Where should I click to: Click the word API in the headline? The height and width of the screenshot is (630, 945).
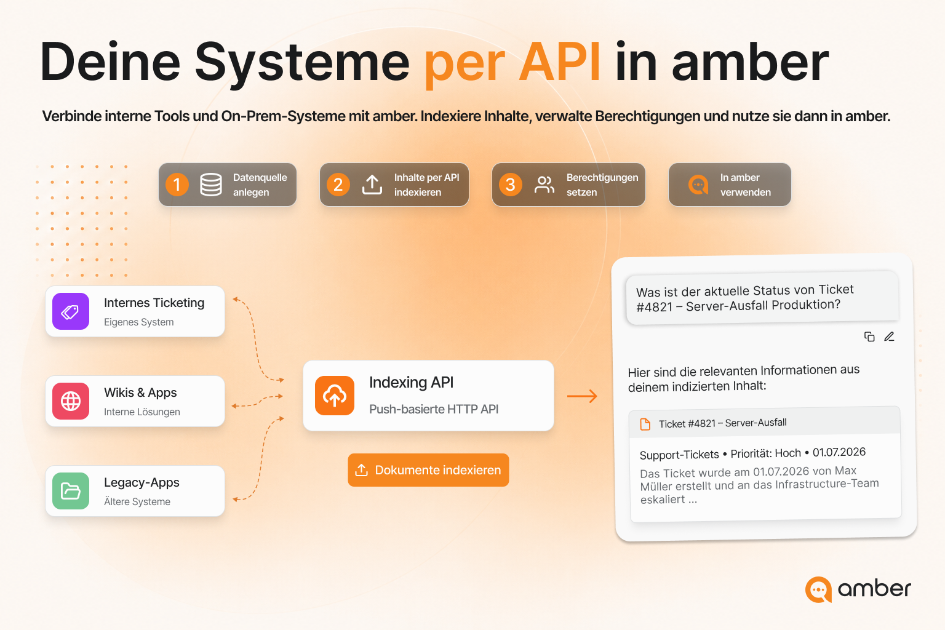point(559,62)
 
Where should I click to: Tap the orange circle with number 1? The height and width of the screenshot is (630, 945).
point(177,185)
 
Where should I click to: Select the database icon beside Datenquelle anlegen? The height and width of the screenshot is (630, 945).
point(211,185)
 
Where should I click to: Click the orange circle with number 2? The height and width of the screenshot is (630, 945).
point(338,185)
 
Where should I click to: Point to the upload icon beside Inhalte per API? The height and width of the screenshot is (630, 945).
point(372,185)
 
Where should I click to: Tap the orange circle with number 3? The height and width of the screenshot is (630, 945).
point(511,185)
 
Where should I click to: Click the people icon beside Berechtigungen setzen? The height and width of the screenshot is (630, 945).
point(544,185)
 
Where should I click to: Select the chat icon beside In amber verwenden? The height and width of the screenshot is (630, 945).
point(699,185)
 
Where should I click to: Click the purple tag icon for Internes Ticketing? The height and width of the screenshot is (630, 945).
point(71,311)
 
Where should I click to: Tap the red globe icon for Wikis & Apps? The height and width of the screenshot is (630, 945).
point(71,401)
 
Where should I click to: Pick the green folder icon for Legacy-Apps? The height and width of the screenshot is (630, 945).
point(71,491)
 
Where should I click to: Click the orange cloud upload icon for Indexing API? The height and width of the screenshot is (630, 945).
point(335,396)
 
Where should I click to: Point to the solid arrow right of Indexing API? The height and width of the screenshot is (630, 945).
point(582,396)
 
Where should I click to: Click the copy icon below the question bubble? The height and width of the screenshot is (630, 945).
point(869,337)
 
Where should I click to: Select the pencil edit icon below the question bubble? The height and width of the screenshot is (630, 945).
point(889,337)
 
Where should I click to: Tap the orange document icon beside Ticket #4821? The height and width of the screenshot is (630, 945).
point(645,424)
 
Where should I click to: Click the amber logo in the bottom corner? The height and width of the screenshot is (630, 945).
point(858,589)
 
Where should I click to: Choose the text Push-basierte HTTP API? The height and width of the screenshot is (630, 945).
point(434,409)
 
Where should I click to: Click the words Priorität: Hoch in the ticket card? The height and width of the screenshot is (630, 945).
point(766,453)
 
